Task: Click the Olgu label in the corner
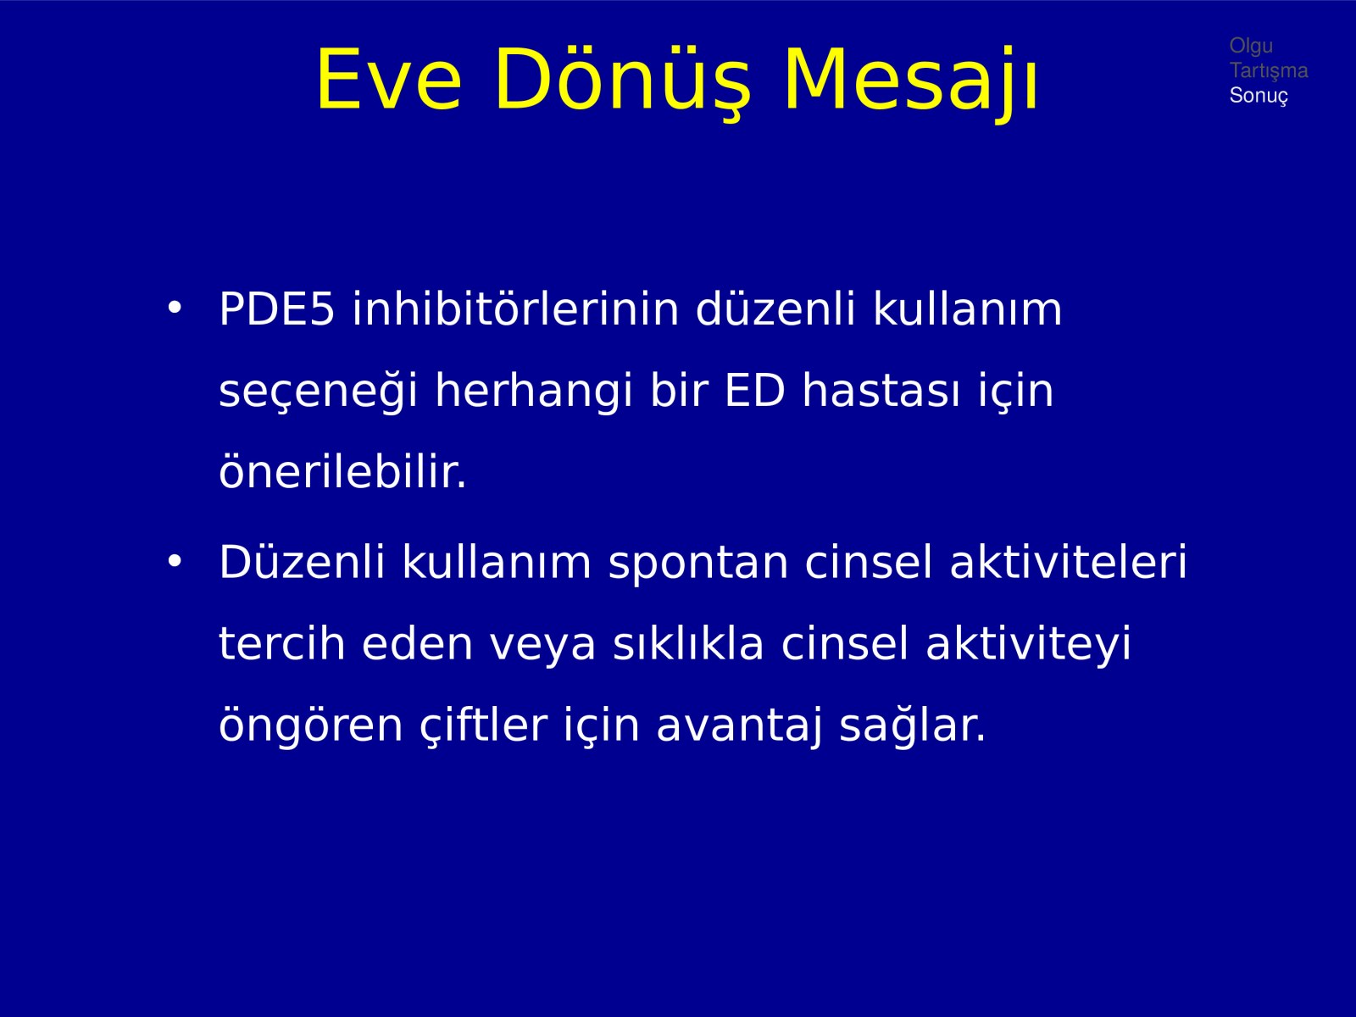tap(1251, 47)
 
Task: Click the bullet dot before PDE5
tap(175, 308)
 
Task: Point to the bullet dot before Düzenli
tap(175, 561)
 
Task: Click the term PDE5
tap(277, 308)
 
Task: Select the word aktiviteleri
tap(1068, 561)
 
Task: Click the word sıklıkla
tap(688, 642)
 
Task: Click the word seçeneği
tap(319, 392)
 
